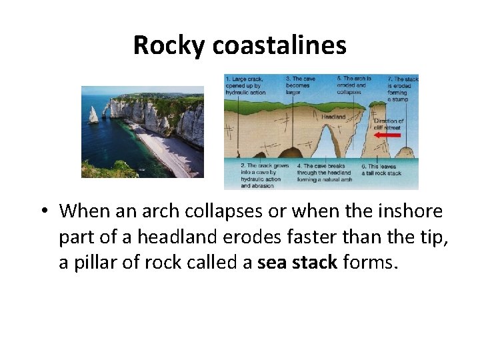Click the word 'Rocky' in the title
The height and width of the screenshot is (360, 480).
click(x=170, y=45)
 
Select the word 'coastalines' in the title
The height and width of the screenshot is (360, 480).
click(x=280, y=45)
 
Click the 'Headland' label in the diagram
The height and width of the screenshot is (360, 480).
click(x=333, y=117)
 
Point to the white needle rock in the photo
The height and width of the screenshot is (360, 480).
click(x=94, y=115)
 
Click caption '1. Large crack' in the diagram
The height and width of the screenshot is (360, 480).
click(x=245, y=85)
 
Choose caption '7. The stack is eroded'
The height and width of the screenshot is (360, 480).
click(x=403, y=89)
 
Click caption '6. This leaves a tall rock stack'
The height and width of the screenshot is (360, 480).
click(x=381, y=169)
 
